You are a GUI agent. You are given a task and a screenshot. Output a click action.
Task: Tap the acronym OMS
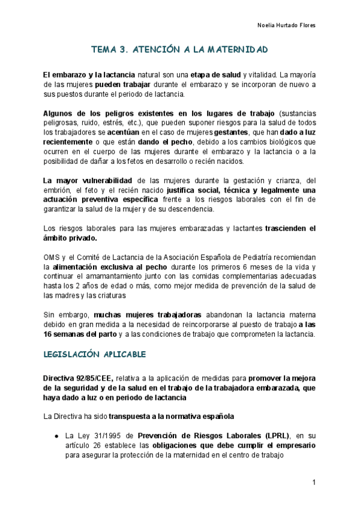pyautogui.click(x=52, y=256)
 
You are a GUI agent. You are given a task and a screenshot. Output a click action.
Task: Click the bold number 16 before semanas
pyautogui.click(x=50, y=334)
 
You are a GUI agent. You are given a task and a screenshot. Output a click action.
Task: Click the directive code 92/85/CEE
pyautogui.click(x=92, y=378)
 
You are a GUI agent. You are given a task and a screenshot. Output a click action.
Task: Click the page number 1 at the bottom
pyautogui.click(x=314, y=483)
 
